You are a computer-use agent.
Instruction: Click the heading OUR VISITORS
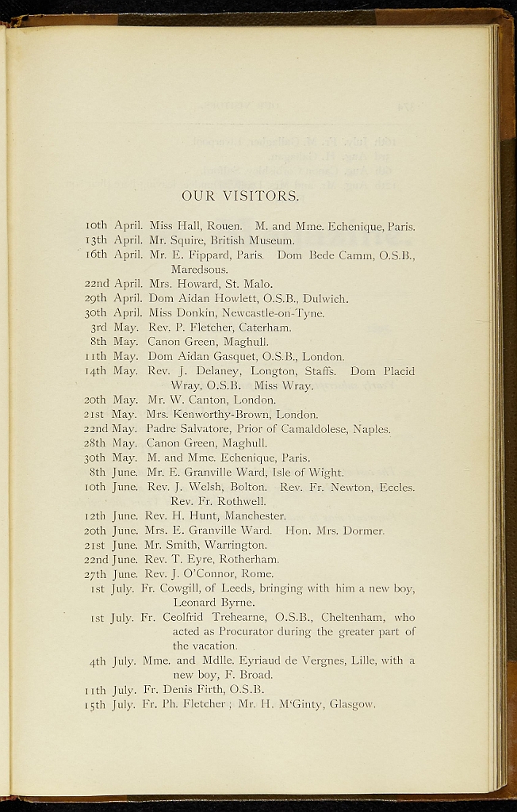240,196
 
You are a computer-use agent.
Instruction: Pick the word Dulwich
324,298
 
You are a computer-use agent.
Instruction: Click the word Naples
373,429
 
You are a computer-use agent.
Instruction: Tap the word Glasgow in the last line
352,703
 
